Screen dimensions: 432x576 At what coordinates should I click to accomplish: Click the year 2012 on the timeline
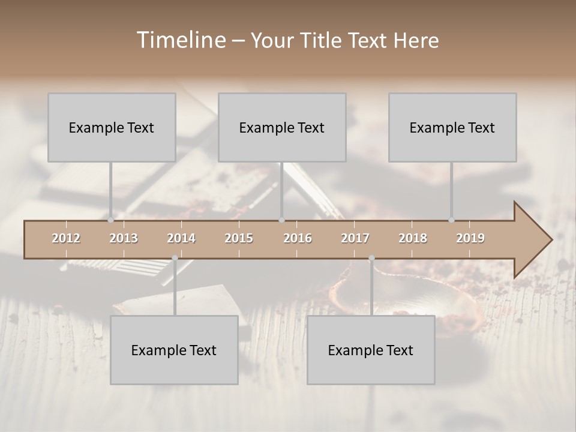[x=66, y=238]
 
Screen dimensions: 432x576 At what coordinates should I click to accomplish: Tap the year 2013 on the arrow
[x=124, y=238]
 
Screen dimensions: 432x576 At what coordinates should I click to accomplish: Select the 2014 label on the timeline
[x=181, y=238]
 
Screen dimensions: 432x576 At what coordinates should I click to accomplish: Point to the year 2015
[x=239, y=238]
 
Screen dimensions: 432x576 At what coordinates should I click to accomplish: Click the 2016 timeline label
[x=298, y=238]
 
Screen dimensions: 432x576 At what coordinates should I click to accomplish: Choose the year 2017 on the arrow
[x=355, y=238]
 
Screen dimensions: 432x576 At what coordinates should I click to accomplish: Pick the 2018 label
[x=413, y=238]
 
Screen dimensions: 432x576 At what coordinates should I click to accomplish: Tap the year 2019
[x=470, y=238]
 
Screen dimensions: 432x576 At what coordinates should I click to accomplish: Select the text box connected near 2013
[x=112, y=127]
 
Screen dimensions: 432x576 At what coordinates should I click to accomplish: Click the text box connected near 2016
[x=282, y=127]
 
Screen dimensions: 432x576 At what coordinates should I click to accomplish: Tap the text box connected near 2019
[x=452, y=127]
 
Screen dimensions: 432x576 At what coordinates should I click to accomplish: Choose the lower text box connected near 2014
[x=174, y=350]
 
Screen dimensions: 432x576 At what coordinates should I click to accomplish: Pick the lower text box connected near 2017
[x=371, y=350]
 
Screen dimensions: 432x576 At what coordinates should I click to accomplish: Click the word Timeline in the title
[x=181, y=40]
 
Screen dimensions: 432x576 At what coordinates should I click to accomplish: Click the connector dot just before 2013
[x=110, y=220]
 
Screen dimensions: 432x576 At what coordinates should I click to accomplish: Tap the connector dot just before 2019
[x=451, y=220]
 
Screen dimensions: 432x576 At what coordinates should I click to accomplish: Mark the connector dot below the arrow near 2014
[x=175, y=258]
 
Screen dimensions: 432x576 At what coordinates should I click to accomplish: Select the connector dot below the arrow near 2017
[x=371, y=258]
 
